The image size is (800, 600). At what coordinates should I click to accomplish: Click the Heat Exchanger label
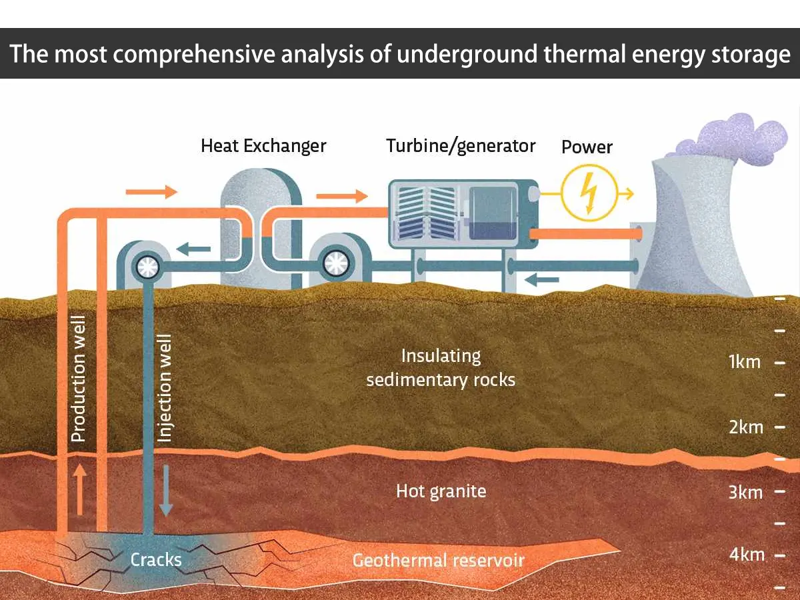(263, 145)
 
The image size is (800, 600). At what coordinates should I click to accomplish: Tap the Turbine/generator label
(461, 146)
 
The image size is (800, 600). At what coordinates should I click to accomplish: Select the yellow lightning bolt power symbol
(588, 193)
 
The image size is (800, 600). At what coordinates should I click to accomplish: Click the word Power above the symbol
(587, 147)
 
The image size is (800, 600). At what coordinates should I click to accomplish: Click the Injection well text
(164, 389)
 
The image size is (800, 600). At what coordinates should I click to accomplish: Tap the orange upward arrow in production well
(79, 490)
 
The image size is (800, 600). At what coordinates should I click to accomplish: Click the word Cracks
(156, 559)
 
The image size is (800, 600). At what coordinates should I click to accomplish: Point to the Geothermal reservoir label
(438, 560)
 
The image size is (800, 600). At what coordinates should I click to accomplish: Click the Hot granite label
(441, 491)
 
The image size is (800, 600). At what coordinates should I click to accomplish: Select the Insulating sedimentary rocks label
(441, 367)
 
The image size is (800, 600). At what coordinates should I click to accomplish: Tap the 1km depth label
(745, 362)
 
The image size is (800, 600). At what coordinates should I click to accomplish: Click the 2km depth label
(745, 427)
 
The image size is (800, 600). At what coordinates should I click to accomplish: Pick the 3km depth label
(745, 492)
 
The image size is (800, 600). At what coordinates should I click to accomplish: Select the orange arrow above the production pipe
(151, 193)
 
